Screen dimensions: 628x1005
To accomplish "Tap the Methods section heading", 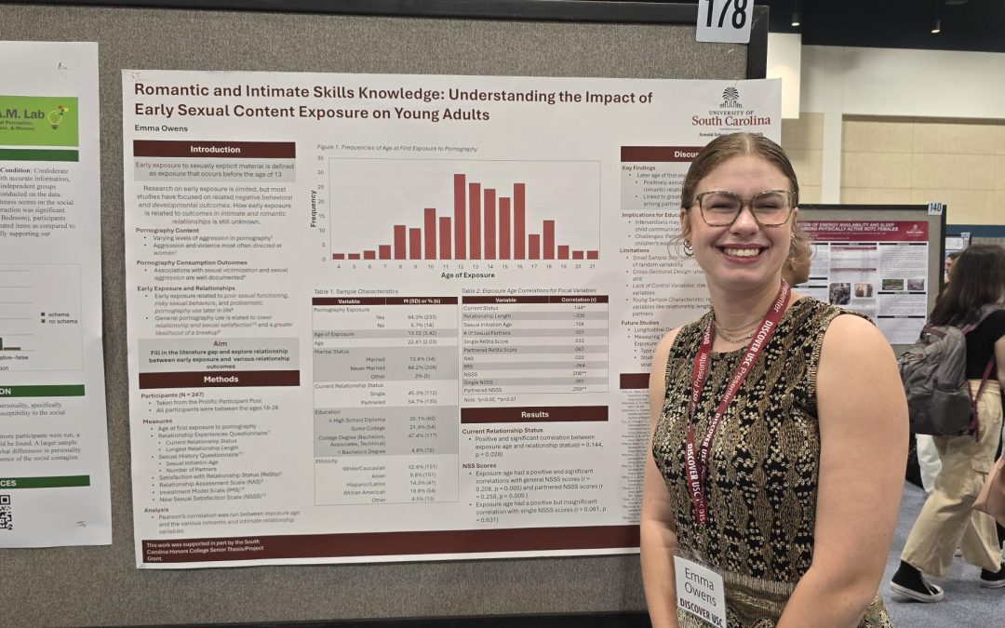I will pyautogui.click(x=220, y=380).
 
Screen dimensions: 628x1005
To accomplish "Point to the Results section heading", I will pyautogui.click(x=534, y=414).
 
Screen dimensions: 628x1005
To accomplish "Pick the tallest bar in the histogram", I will pyautogui.click(x=460, y=216).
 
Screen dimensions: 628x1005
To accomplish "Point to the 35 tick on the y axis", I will pyautogui.click(x=321, y=158).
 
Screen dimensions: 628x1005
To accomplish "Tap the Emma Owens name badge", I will pyautogui.click(x=699, y=588).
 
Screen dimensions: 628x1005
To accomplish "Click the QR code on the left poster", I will pyautogui.click(x=6, y=513).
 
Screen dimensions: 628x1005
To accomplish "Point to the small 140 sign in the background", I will pyautogui.click(x=933, y=207).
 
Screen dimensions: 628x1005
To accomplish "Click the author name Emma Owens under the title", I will pyautogui.click(x=163, y=128).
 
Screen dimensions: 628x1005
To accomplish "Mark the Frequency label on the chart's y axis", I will pyautogui.click(x=314, y=208).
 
